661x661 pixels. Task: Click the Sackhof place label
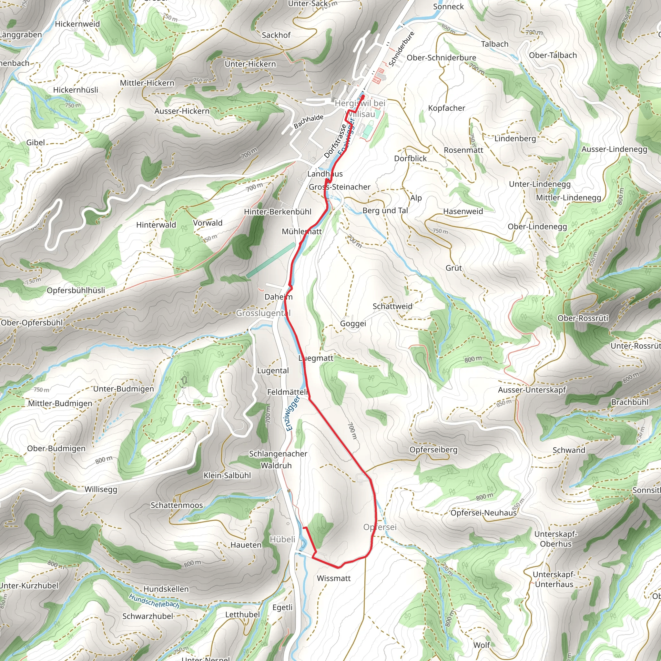click(x=276, y=35)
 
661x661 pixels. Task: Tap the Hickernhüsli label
click(x=76, y=90)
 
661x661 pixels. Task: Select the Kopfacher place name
click(x=446, y=108)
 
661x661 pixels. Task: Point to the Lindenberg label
click(x=515, y=138)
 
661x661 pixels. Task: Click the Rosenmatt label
click(x=463, y=150)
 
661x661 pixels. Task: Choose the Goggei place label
click(x=353, y=324)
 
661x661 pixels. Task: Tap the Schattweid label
click(x=392, y=306)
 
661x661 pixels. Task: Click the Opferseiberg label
click(x=433, y=450)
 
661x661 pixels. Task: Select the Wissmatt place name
click(x=334, y=578)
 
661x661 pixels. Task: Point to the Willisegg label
click(x=101, y=489)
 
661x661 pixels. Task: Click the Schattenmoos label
click(x=177, y=505)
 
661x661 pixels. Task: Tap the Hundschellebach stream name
click(x=154, y=601)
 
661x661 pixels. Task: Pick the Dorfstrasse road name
click(x=335, y=141)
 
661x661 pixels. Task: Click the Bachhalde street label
click(x=308, y=121)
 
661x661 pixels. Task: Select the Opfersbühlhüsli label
click(x=76, y=290)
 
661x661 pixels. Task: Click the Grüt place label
click(x=454, y=268)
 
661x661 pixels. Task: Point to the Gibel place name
click(x=36, y=143)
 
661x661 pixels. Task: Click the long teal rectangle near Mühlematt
click(x=270, y=260)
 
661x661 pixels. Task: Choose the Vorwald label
click(x=208, y=223)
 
